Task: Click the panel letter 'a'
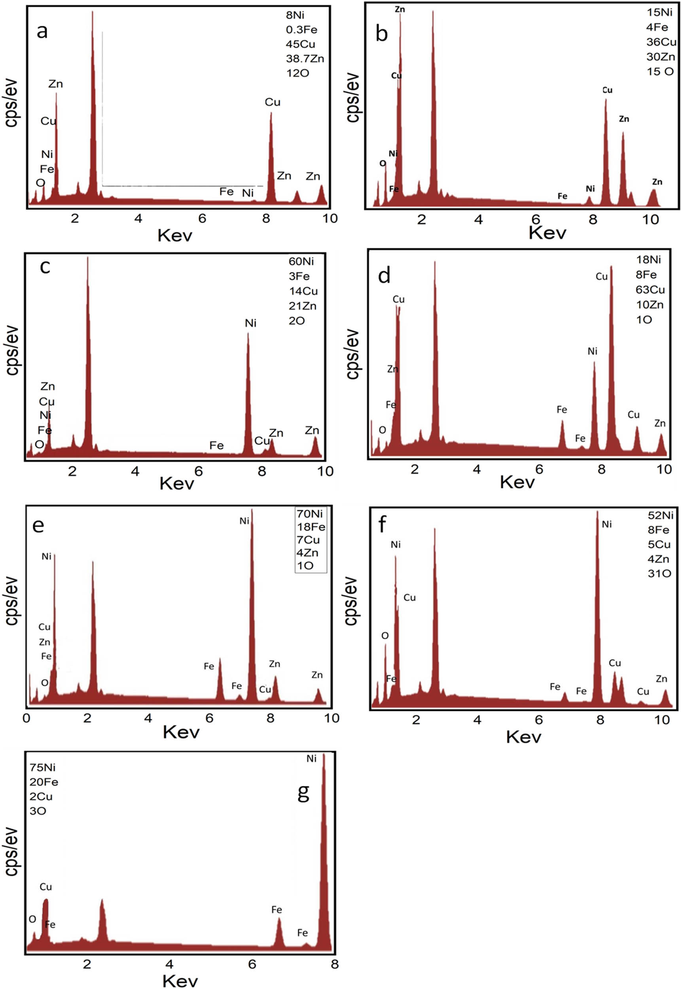pos(42,31)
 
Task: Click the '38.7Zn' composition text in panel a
pos(305,59)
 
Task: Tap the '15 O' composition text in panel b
pos(660,71)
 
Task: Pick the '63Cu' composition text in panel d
pos(650,290)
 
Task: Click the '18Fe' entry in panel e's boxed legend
pos(311,527)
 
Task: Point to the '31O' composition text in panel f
pos(659,573)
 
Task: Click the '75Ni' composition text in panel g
pos(42,767)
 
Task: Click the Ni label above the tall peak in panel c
pos(250,323)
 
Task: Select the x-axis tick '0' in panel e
pos(27,718)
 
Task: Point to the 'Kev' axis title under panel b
pos(547,233)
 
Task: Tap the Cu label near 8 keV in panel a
pos(272,102)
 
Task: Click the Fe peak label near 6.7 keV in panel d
pos(561,410)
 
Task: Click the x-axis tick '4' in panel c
pos(135,471)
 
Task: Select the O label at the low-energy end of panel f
pos(385,635)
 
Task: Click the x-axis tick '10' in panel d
pos(664,470)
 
